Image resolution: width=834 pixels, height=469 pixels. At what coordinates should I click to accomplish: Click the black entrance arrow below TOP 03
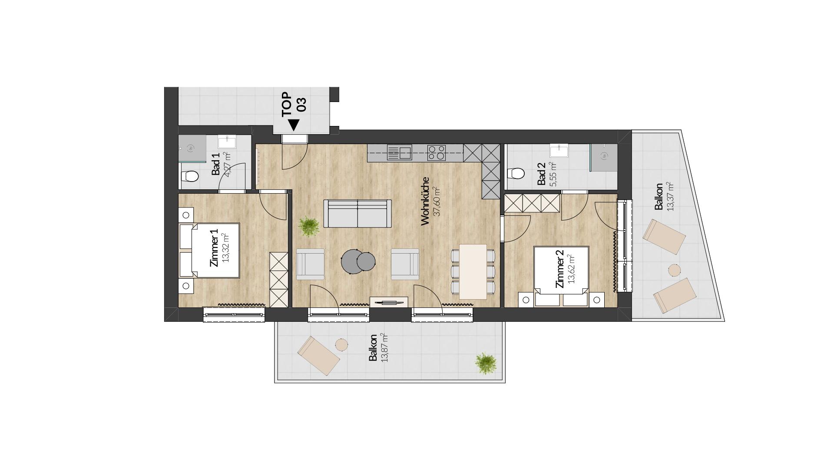click(x=294, y=125)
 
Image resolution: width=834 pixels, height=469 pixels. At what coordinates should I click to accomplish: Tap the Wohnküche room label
click(x=425, y=201)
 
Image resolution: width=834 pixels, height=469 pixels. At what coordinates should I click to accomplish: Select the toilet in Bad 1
click(x=190, y=176)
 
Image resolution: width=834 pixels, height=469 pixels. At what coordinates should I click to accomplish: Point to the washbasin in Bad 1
click(x=227, y=142)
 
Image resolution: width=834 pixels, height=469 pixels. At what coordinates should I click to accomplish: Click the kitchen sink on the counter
click(x=399, y=153)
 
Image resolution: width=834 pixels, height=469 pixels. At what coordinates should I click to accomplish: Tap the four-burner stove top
click(x=437, y=152)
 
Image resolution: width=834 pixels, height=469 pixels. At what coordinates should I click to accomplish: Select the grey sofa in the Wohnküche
click(x=357, y=214)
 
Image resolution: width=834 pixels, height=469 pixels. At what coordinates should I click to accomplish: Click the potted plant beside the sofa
click(x=309, y=226)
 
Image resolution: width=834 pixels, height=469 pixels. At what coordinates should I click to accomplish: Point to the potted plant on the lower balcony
click(x=486, y=363)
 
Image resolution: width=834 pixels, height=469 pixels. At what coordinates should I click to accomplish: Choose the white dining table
click(x=473, y=272)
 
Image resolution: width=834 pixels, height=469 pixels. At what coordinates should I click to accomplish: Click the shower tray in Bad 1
click(x=192, y=149)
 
